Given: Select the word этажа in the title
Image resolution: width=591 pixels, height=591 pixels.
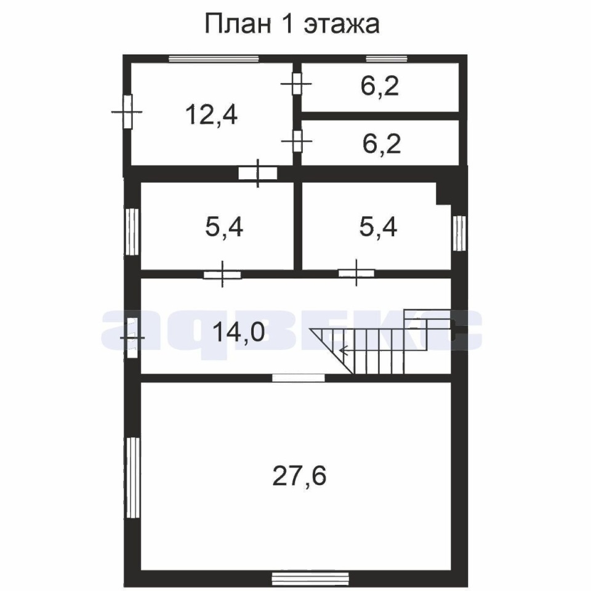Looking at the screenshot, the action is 342,25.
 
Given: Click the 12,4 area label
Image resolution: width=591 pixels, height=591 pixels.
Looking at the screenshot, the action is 211,115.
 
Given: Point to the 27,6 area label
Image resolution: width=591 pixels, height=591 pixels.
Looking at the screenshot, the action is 299,476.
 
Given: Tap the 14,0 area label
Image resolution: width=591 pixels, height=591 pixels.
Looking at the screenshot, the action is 239,332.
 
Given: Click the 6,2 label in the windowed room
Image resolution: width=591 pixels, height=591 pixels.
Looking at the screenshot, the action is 380,86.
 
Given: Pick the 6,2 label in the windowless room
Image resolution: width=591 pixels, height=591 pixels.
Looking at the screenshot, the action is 382,143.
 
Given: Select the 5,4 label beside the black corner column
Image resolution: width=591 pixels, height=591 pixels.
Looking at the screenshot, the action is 378,227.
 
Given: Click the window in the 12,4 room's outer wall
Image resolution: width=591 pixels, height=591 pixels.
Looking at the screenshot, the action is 214,58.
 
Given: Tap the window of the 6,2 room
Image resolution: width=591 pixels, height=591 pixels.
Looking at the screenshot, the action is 387,58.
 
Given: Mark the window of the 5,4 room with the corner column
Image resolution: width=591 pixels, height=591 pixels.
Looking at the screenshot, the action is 459,233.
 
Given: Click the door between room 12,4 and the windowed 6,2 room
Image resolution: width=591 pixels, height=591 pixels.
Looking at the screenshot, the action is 297,84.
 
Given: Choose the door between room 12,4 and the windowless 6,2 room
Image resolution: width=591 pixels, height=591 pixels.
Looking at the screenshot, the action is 297,141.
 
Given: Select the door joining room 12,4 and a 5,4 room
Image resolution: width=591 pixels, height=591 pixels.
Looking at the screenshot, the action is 258,174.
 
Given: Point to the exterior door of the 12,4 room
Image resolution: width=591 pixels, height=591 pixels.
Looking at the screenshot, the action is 127,111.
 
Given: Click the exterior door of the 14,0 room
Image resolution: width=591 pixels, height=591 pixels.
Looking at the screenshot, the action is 132,338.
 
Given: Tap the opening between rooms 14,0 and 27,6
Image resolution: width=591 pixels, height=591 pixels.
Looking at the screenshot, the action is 299,377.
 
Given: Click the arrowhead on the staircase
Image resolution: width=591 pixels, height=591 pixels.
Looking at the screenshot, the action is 344,351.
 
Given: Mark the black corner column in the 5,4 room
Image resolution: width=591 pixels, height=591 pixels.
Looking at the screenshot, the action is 444,194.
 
